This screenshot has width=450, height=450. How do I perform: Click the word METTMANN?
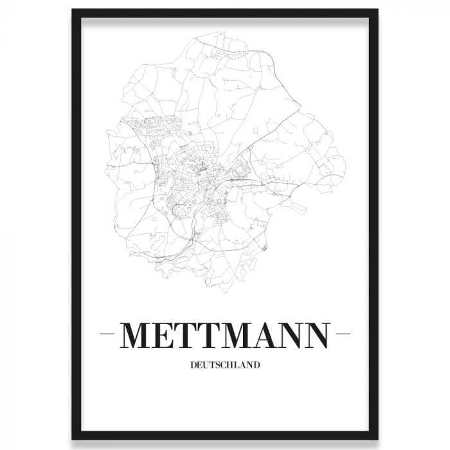225,334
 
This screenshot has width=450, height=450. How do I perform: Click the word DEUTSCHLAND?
225,366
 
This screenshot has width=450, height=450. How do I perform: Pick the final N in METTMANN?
314,334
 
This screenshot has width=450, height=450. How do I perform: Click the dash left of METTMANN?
108,335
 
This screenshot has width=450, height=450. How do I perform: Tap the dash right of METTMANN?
342,335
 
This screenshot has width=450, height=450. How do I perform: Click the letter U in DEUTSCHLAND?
207,366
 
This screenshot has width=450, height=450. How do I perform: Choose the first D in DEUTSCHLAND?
194,366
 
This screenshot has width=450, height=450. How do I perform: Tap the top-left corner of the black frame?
73,11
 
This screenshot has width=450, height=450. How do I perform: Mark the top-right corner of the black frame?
377,11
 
